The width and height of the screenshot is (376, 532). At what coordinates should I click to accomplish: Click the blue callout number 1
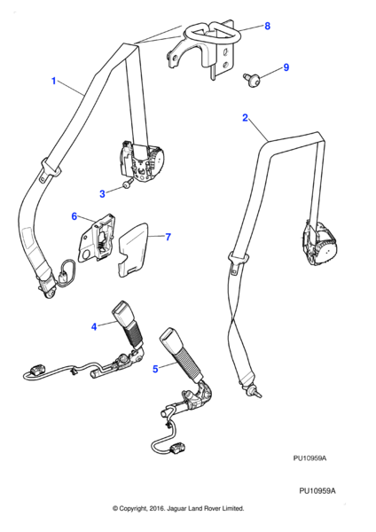[53, 81]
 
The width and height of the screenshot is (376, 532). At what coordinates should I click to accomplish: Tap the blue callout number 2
[245, 118]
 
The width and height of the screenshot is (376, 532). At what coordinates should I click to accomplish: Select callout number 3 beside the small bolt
[102, 193]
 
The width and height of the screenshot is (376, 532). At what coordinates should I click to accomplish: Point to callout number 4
[94, 326]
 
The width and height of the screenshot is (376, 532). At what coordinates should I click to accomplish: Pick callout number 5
[155, 369]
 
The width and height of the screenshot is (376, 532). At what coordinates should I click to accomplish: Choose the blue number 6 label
[74, 216]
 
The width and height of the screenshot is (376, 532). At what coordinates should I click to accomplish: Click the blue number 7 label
[168, 237]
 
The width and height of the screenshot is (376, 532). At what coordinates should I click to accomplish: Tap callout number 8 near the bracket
[268, 26]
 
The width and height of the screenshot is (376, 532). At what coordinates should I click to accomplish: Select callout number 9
[286, 67]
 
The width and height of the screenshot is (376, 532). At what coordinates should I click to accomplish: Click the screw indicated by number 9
[252, 81]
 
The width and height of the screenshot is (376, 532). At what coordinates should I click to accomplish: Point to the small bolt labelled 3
[127, 184]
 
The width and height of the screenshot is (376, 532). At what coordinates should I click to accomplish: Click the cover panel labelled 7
[134, 249]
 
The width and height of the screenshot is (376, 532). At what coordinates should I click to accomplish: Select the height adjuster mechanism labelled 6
[96, 238]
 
